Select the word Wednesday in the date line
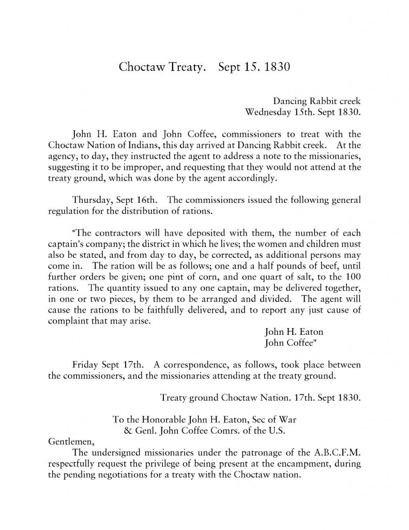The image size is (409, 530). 268,111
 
